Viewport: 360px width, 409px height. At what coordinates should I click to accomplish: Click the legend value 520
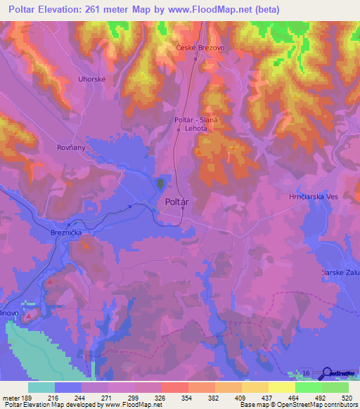click(x=346, y=398)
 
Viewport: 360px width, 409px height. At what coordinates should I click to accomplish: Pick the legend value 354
click(x=186, y=398)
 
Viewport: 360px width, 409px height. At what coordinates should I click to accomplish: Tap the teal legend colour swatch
click(x=41, y=387)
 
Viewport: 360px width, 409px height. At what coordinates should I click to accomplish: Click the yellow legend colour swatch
click(x=281, y=387)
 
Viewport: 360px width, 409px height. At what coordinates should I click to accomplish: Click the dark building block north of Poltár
click(x=160, y=183)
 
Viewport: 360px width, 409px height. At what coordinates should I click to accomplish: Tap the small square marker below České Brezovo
click(x=196, y=59)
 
